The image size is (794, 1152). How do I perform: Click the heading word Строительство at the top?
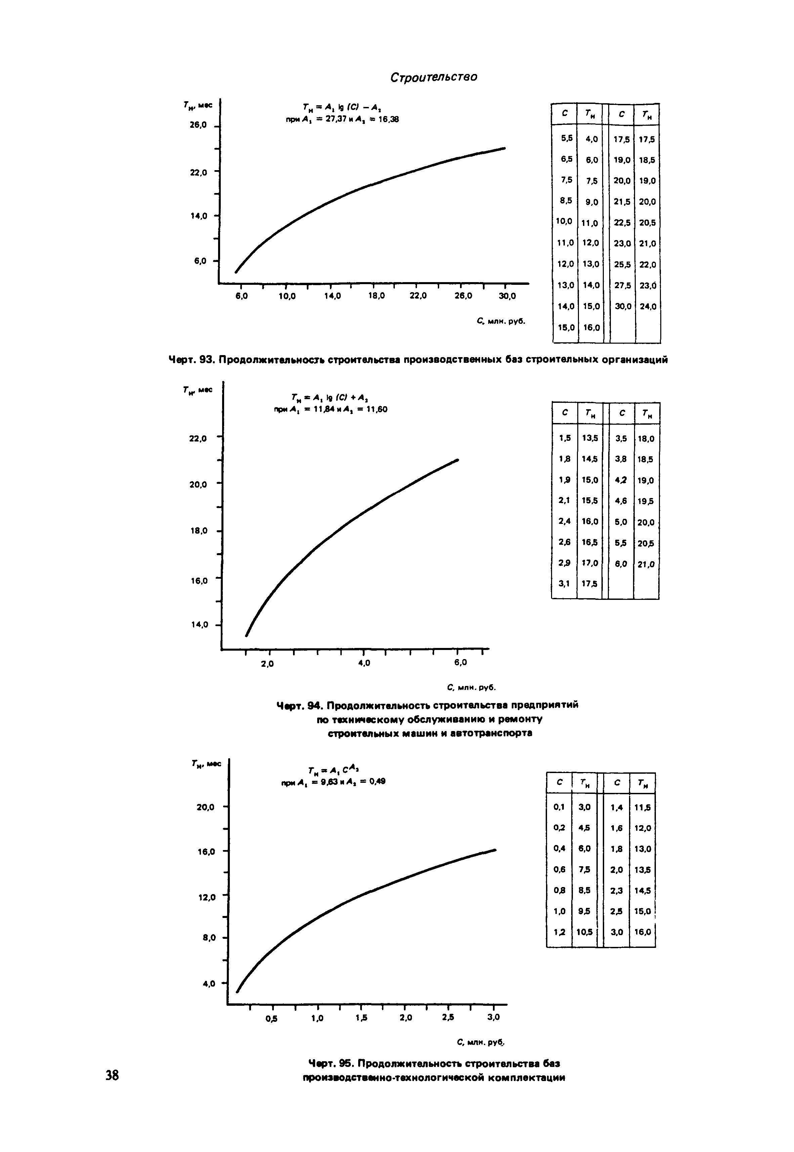(433, 77)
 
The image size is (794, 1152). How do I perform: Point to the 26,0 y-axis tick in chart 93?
(198, 125)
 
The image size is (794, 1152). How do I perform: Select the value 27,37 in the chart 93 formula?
(337, 119)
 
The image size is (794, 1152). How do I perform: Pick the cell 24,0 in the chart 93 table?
(648, 307)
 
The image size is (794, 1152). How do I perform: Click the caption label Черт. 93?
(191, 359)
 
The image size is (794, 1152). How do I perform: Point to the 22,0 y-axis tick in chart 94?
(198, 438)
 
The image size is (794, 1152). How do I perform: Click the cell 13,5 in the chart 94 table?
(590, 438)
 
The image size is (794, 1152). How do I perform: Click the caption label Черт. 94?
(298, 705)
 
